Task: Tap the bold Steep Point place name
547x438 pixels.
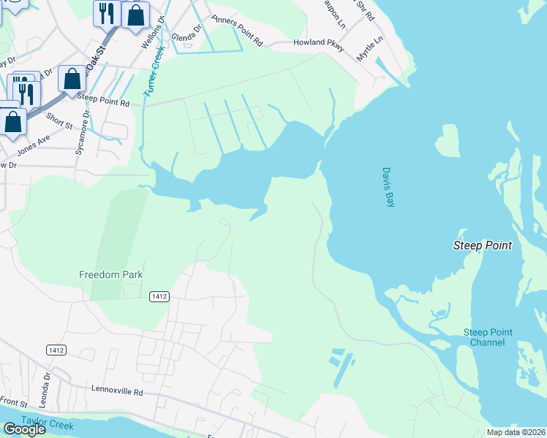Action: tap(482, 245)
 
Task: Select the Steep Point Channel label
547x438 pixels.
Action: tap(488, 337)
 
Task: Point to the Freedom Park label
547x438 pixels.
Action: tap(110, 274)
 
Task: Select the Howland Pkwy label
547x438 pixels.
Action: tap(318, 43)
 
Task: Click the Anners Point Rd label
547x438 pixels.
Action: tap(236, 31)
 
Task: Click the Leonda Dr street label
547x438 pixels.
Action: tap(46, 384)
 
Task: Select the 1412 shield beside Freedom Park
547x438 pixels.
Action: tap(159, 296)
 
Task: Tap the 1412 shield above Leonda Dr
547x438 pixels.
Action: tap(56, 350)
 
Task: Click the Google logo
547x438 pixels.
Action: tap(24, 429)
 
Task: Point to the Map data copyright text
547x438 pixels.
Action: tap(515, 432)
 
